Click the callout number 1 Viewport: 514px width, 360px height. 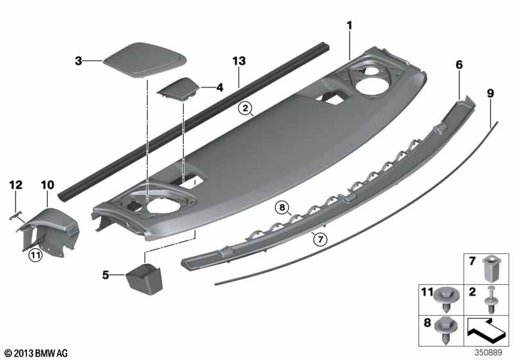pos(350,25)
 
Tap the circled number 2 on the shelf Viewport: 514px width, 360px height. pos(244,108)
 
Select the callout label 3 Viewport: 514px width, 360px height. pos(78,61)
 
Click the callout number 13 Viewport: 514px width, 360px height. pos(239,61)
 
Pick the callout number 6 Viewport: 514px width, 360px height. pos(459,65)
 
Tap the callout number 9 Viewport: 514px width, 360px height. pos(490,93)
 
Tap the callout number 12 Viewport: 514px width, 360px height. pos(15,185)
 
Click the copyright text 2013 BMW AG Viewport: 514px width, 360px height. pos(36,352)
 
